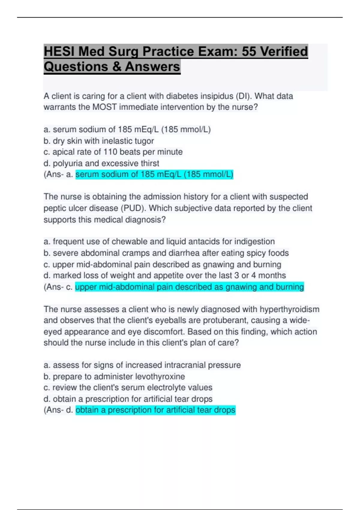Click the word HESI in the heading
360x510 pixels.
point(59,51)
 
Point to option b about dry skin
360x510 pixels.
point(99,141)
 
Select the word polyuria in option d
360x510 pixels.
point(67,163)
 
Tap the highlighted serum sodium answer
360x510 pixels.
point(154,174)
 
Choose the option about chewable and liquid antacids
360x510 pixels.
point(159,241)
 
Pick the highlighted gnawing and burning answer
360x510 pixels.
point(189,287)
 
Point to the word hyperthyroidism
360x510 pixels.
point(289,309)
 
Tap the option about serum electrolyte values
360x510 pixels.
point(128,388)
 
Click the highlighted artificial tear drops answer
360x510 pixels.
point(155,410)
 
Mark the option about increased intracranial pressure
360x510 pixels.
point(142,365)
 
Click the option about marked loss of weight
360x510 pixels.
point(165,275)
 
